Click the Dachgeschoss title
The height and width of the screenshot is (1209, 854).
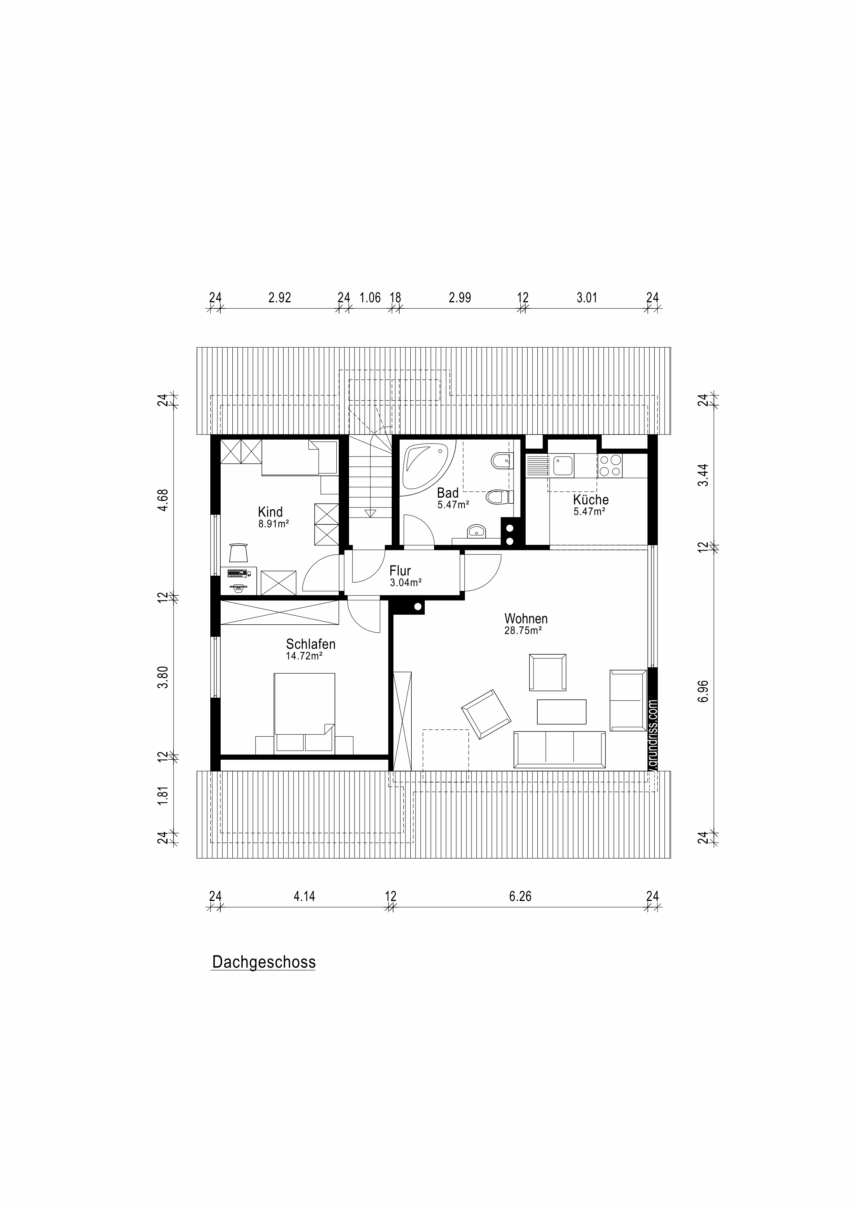pyautogui.click(x=264, y=962)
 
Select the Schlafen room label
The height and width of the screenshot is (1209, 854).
pyautogui.click(x=310, y=644)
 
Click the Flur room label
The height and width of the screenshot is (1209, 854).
pyautogui.click(x=400, y=571)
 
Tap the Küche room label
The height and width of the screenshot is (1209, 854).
pyautogui.click(x=590, y=499)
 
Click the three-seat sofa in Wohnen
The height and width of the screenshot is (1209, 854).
pyautogui.click(x=559, y=749)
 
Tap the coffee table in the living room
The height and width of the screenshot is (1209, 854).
pyautogui.click(x=561, y=711)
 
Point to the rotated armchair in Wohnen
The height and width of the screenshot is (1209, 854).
pyautogui.click(x=486, y=714)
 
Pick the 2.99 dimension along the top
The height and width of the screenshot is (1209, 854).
pyautogui.click(x=460, y=297)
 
